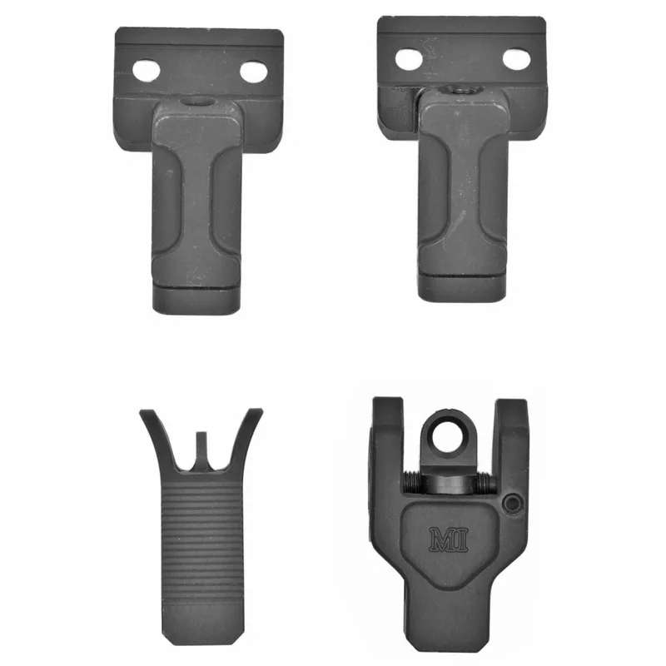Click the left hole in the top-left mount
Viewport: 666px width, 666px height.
point(147,72)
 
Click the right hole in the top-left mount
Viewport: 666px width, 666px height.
point(254,72)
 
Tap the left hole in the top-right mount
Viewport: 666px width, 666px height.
point(409,59)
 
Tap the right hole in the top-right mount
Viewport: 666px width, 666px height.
point(516,58)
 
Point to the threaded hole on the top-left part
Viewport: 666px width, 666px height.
point(196,102)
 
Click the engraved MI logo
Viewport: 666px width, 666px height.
point(449,539)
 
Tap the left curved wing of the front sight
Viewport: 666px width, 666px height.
point(158,438)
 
